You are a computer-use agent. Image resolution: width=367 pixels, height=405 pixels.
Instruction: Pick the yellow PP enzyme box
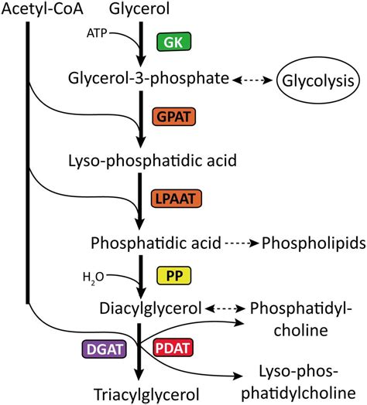click(x=173, y=275)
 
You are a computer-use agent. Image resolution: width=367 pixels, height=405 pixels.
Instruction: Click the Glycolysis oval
click(x=318, y=80)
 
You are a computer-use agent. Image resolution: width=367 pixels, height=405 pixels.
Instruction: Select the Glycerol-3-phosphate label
click(x=148, y=79)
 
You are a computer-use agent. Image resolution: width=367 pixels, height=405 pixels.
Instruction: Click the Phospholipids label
click(x=314, y=243)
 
